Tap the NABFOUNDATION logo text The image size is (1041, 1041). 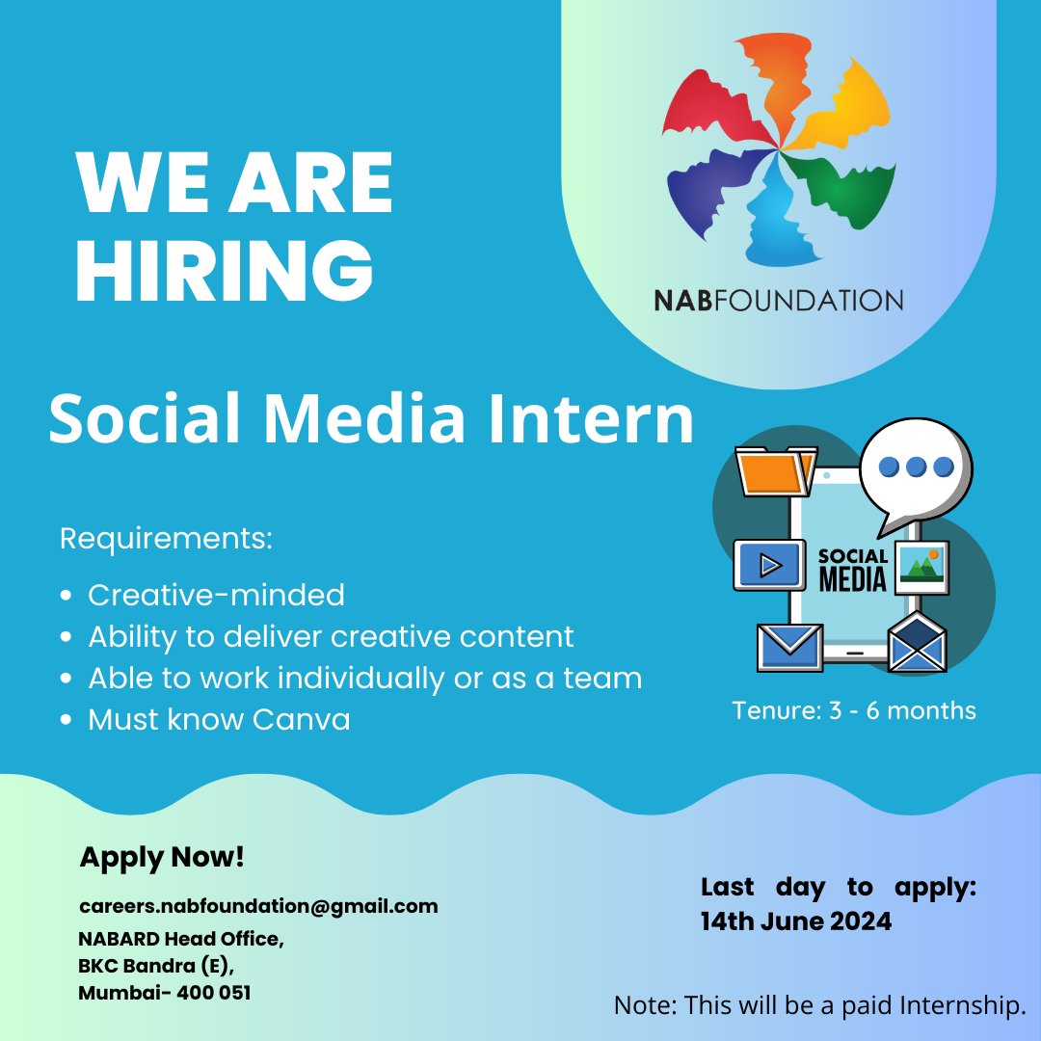(x=778, y=299)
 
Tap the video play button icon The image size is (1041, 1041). (x=769, y=565)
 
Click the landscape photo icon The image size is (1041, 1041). (x=921, y=567)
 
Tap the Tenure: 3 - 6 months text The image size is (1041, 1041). (x=854, y=711)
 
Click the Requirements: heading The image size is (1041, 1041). (x=167, y=538)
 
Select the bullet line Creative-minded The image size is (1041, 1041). (x=216, y=595)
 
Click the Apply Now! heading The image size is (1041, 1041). (x=162, y=856)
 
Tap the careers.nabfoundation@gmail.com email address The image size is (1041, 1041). (x=258, y=906)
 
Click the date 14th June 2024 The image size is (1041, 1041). (x=796, y=921)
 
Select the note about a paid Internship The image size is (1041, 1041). (x=819, y=1006)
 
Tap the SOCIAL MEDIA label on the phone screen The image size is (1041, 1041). (x=852, y=569)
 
